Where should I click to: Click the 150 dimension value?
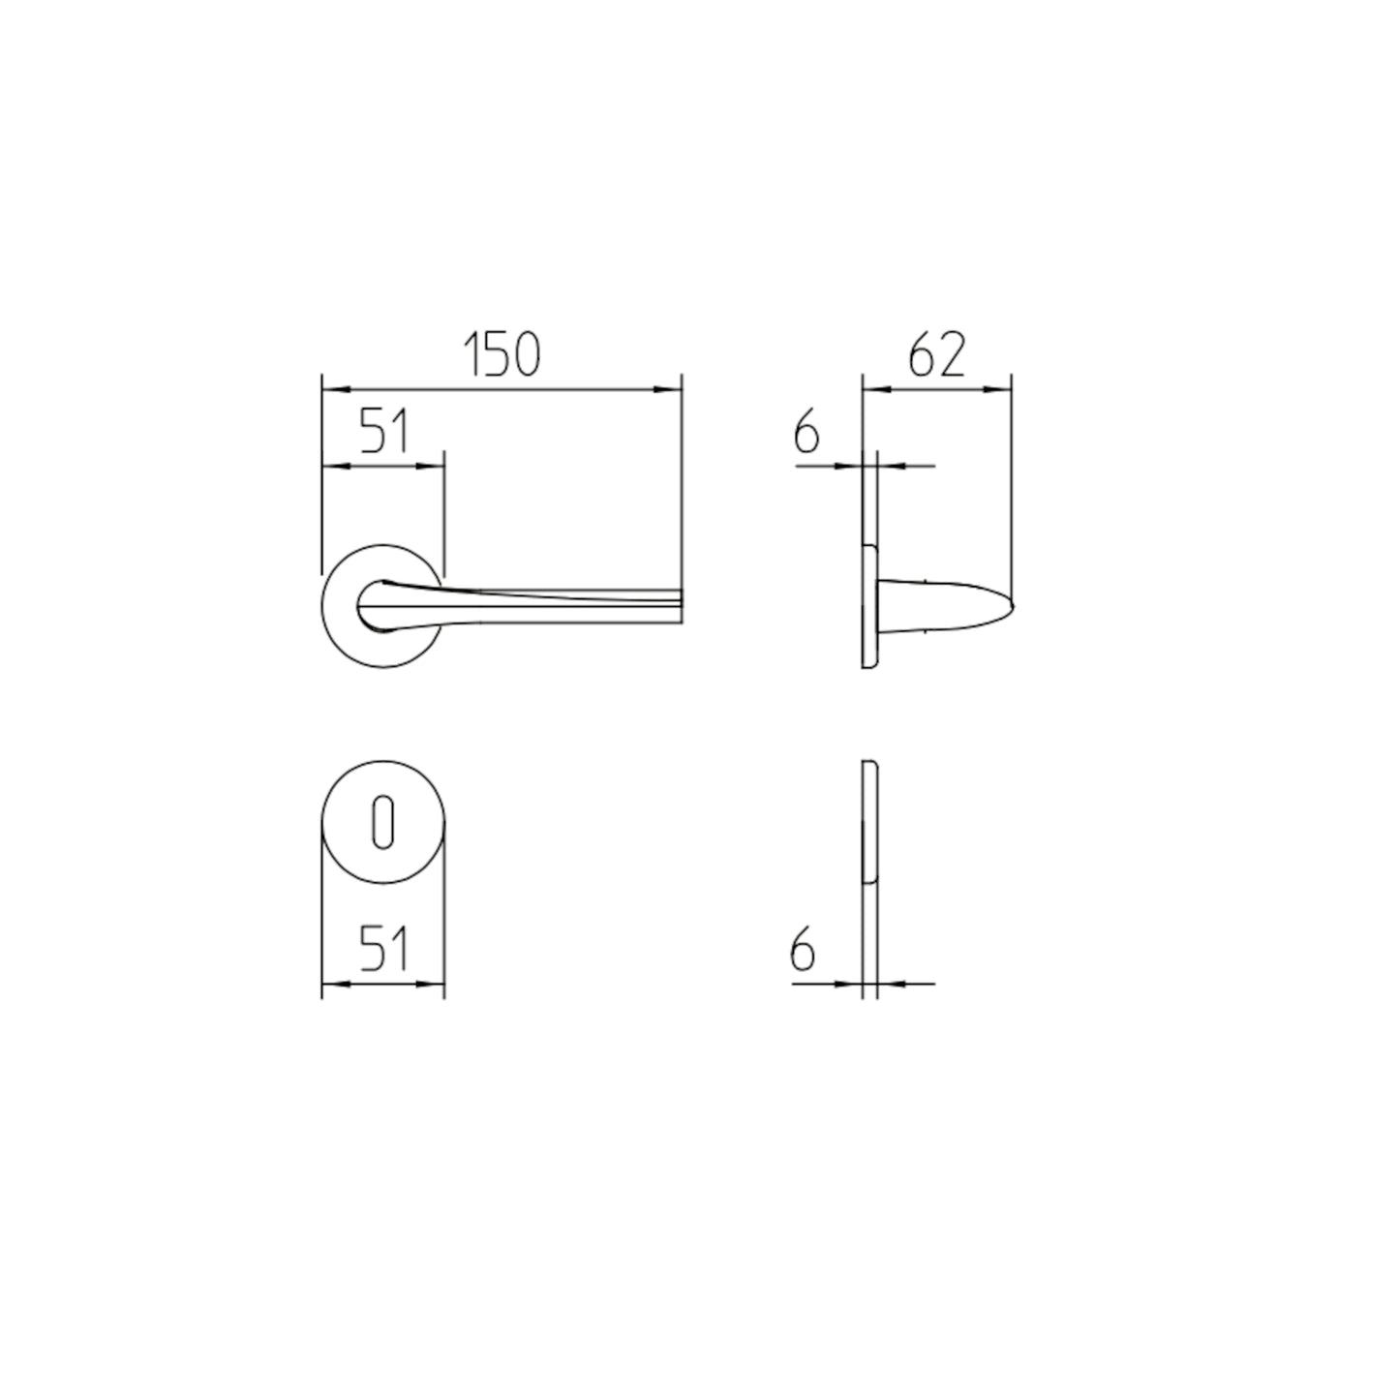(502, 355)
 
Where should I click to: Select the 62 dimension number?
(936, 355)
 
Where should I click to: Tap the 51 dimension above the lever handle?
(384, 431)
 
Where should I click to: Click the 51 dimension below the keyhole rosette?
(384, 948)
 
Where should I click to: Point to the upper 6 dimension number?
(806, 434)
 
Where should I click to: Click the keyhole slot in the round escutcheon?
(383, 822)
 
